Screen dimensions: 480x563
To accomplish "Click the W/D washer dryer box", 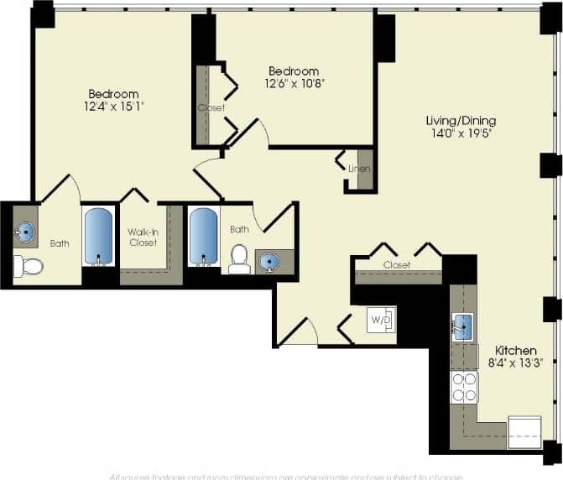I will [x=381, y=320].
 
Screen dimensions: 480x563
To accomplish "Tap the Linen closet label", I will [x=360, y=168].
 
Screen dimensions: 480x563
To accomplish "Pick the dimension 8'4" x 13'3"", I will [x=515, y=363].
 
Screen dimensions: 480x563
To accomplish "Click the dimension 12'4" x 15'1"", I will [x=113, y=107].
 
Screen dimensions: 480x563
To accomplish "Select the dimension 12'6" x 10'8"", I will [x=294, y=83].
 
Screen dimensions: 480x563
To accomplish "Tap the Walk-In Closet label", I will [x=143, y=237].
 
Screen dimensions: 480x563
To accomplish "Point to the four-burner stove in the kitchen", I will [x=464, y=386].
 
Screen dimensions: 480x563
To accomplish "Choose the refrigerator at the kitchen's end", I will [x=524, y=432].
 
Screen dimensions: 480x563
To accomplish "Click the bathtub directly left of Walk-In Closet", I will [x=100, y=237].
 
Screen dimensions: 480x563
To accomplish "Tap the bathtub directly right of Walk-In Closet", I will [x=203, y=237].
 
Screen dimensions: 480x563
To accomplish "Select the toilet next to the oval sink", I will [x=239, y=259].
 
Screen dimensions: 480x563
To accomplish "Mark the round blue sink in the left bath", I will [x=26, y=232].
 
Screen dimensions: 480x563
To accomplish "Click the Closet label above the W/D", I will [x=397, y=265].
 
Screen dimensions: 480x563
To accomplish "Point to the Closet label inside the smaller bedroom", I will [x=211, y=107].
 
